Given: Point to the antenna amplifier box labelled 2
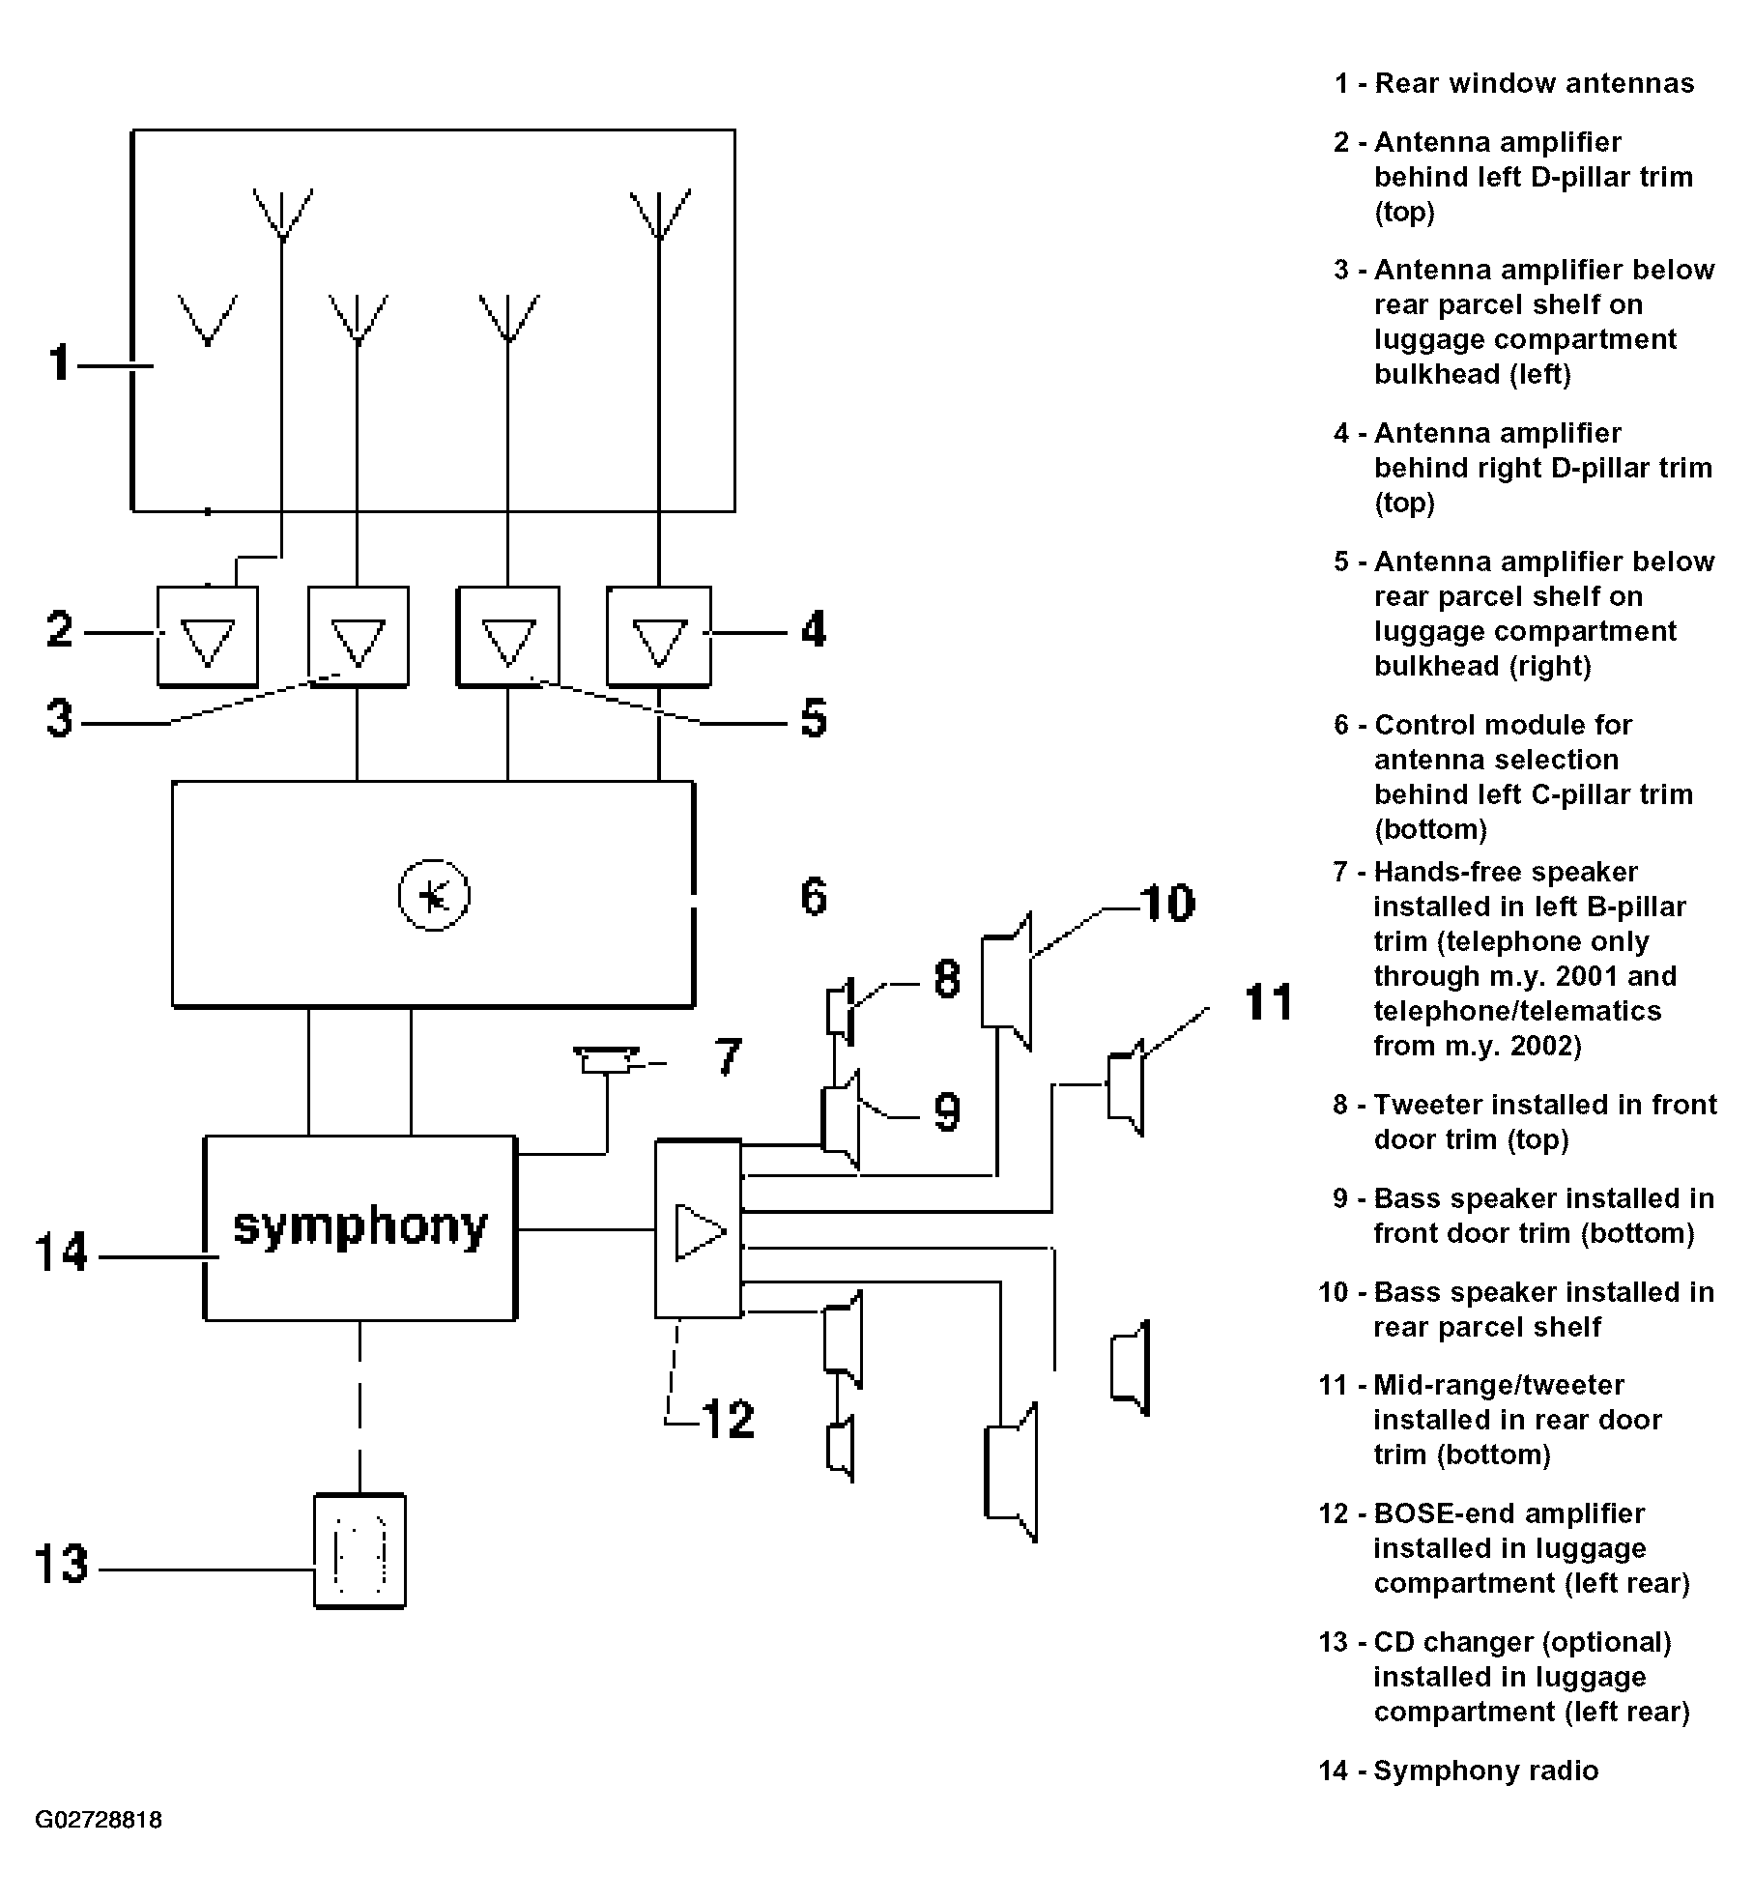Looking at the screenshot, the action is (208, 636).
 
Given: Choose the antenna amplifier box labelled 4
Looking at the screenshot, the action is (659, 636).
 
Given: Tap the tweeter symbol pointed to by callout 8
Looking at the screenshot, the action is (841, 1011).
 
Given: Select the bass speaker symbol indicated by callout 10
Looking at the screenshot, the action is (1007, 980).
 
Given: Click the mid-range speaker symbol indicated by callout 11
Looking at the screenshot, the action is (1126, 1088).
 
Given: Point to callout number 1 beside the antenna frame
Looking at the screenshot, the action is (60, 363).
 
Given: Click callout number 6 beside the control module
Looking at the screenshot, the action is (815, 896).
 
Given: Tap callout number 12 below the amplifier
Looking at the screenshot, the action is (728, 1420).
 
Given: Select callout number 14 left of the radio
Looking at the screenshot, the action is (62, 1253).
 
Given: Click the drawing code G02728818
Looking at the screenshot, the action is (99, 1820).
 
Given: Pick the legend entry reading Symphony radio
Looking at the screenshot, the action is (1486, 1771).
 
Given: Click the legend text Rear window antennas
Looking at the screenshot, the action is (1535, 83).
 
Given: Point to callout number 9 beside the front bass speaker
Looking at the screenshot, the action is (947, 1111).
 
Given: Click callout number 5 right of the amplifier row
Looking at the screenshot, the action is (815, 719).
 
